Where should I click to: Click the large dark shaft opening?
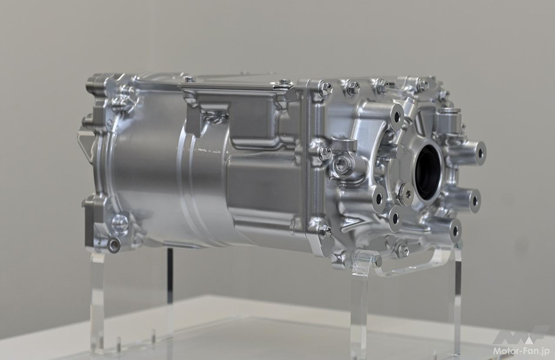(428, 172)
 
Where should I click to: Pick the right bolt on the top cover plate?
(285, 81)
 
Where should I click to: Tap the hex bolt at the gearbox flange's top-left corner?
(326, 88)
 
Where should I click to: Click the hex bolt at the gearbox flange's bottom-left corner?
(325, 231)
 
